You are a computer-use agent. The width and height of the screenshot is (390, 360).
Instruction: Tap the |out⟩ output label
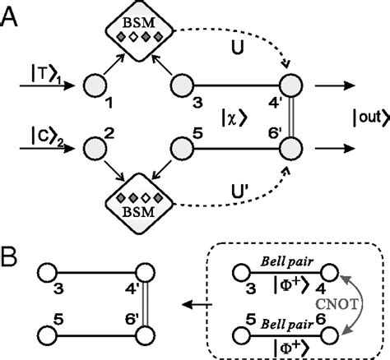362,117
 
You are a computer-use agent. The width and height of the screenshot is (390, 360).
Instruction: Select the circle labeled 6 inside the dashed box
332,332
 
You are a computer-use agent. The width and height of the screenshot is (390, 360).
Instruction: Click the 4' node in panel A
290,85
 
